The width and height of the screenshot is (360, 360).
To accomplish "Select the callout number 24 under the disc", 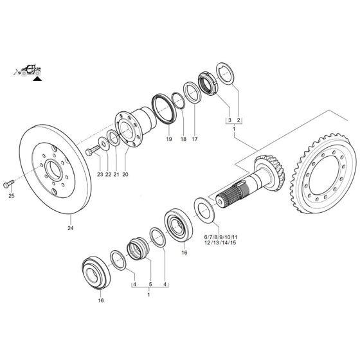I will pos(70,227).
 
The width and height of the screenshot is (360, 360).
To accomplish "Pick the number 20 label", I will pos(125,175).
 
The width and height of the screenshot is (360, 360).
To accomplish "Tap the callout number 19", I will pos(168,139).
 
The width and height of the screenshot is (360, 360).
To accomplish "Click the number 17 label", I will pos(195,139).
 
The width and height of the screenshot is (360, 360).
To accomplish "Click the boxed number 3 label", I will pos(228,120).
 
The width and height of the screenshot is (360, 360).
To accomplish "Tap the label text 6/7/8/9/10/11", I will pos(221,238).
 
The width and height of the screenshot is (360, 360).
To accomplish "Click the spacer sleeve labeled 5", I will pos(138,248).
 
